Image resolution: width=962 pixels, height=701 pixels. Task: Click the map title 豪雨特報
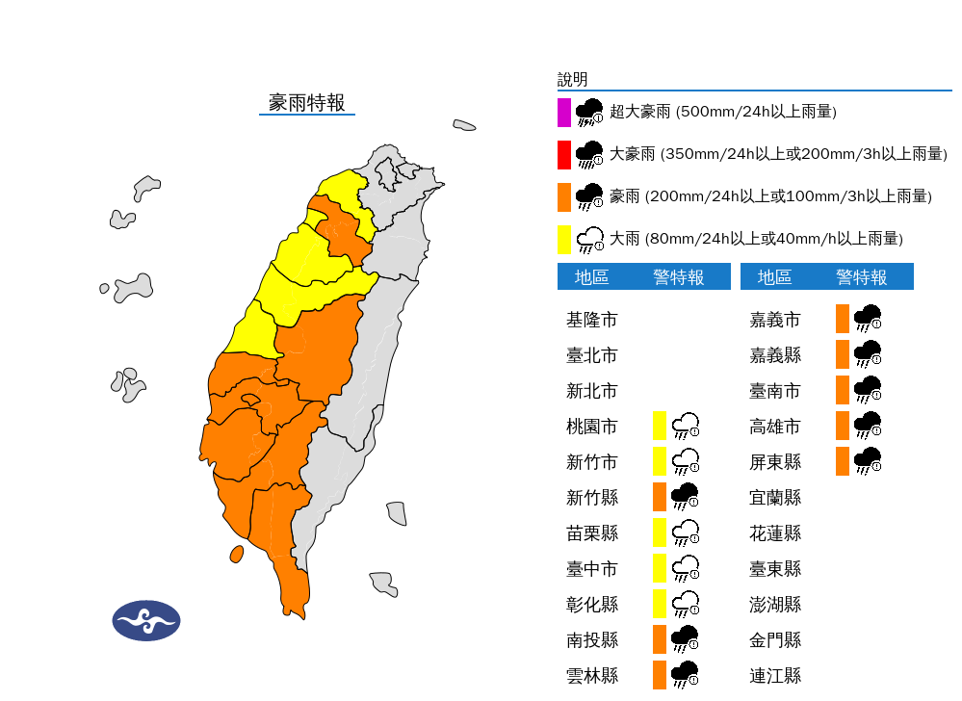pyautogui.click(x=306, y=103)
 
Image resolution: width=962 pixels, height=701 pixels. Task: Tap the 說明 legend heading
pyautogui.click(x=572, y=80)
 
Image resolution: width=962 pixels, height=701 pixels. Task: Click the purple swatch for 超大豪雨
pyautogui.click(x=564, y=113)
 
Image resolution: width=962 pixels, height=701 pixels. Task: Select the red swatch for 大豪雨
pyautogui.click(x=564, y=154)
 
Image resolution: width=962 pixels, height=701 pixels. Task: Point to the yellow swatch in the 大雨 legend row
pyautogui.click(x=564, y=239)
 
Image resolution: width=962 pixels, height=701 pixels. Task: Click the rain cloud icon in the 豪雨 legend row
pyautogui.click(x=589, y=196)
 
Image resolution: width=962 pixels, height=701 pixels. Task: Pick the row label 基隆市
pyautogui.click(x=591, y=320)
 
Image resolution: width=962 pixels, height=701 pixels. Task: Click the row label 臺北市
pyautogui.click(x=591, y=355)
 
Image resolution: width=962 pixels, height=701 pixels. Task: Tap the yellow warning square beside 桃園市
pyautogui.click(x=660, y=426)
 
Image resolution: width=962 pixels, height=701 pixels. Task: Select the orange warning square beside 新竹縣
pyautogui.click(x=660, y=497)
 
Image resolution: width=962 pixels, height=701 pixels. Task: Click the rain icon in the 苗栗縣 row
pyautogui.click(x=685, y=532)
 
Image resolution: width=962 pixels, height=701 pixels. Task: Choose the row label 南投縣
pyautogui.click(x=591, y=639)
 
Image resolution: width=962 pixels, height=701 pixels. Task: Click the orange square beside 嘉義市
pyautogui.click(x=843, y=319)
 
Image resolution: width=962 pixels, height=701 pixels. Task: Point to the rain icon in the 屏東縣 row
pyautogui.click(x=868, y=461)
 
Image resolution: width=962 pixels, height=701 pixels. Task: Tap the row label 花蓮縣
pyautogui.click(x=775, y=532)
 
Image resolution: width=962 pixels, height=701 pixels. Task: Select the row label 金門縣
pyautogui.click(x=775, y=639)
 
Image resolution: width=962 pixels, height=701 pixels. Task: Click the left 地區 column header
pyautogui.click(x=591, y=277)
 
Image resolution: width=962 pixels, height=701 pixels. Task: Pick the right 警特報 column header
pyautogui.click(x=861, y=277)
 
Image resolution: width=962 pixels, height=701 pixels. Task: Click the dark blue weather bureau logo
pyautogui.click(x=146, y=620)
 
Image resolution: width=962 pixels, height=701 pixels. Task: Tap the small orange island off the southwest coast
pyautogui.click(x=236, y=554)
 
